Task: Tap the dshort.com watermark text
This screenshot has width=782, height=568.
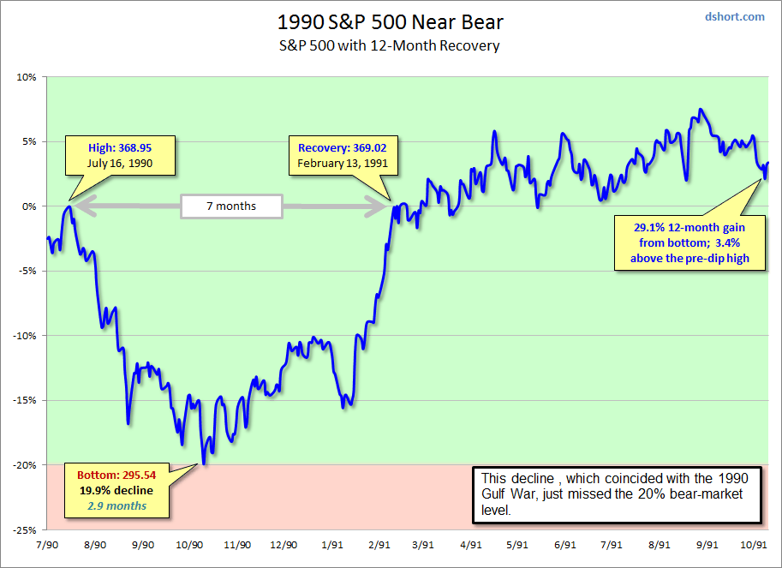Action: [x=735, y=16]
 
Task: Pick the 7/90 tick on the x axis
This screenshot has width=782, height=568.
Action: [x=48, y=544]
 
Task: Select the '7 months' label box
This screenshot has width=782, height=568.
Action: [x=231, y=206]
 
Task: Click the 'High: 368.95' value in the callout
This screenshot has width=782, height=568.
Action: [x=120, y=146]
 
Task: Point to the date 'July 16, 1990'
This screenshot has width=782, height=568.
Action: [x=120, y=162]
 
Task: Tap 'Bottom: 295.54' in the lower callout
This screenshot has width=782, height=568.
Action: [x=116, y=475]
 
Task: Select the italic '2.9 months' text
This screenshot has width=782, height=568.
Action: [x=116, y=505]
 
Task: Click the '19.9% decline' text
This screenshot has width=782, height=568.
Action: [x=116, y=491]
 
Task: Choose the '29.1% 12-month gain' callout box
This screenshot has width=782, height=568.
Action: [x=689, y=242]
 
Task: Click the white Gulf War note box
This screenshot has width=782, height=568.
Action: [x=617, y=494]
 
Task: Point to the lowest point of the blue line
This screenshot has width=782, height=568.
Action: [x=204, y=464]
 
